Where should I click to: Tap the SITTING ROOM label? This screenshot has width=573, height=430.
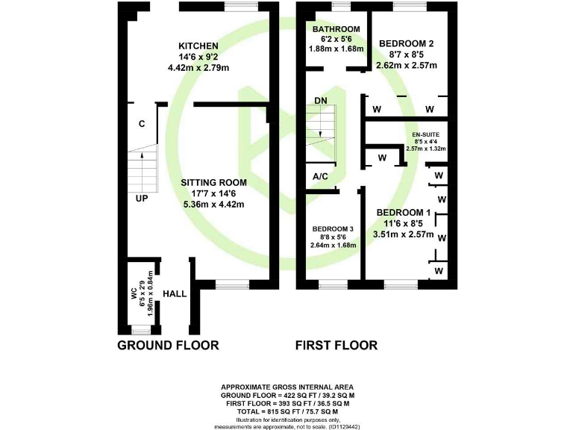pos(213,182)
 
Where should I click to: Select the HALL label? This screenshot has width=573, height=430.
pos(175,293)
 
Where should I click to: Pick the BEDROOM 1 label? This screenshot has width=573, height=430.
pos(404,211)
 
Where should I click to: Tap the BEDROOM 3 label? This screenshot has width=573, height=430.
pos(333,228)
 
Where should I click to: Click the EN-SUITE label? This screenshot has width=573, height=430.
pos(425,134)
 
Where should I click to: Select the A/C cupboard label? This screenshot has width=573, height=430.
pos(321,176)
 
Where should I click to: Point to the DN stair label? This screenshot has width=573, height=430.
pos(320,100)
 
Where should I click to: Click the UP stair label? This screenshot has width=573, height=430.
pos(142,199)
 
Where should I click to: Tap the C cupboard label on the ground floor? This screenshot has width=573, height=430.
pos(141,124)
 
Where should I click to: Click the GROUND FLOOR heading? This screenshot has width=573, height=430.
pos(169,345)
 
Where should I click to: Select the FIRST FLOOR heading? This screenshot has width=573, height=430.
pos(336,345)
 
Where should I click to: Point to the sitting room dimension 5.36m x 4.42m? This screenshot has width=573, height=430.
pos(213,204)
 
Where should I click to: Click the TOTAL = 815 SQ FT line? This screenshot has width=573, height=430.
pos(287,411)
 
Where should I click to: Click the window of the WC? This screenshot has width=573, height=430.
pos(140,329)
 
